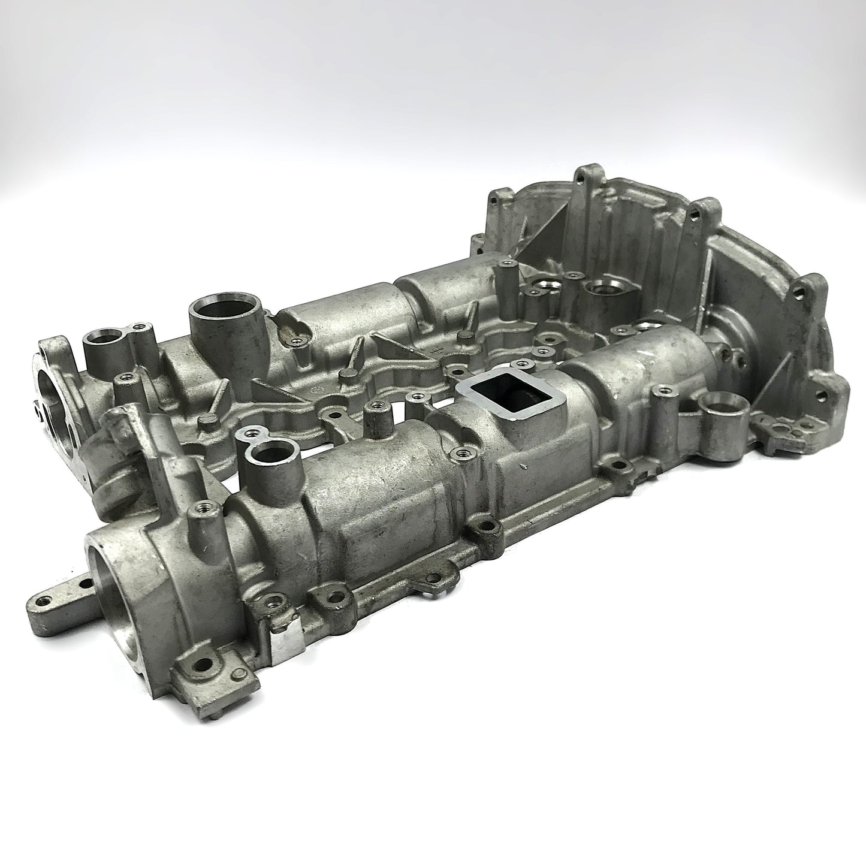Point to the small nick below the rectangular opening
click(x=525, y=465)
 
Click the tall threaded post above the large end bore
click(x=195, y=514)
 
